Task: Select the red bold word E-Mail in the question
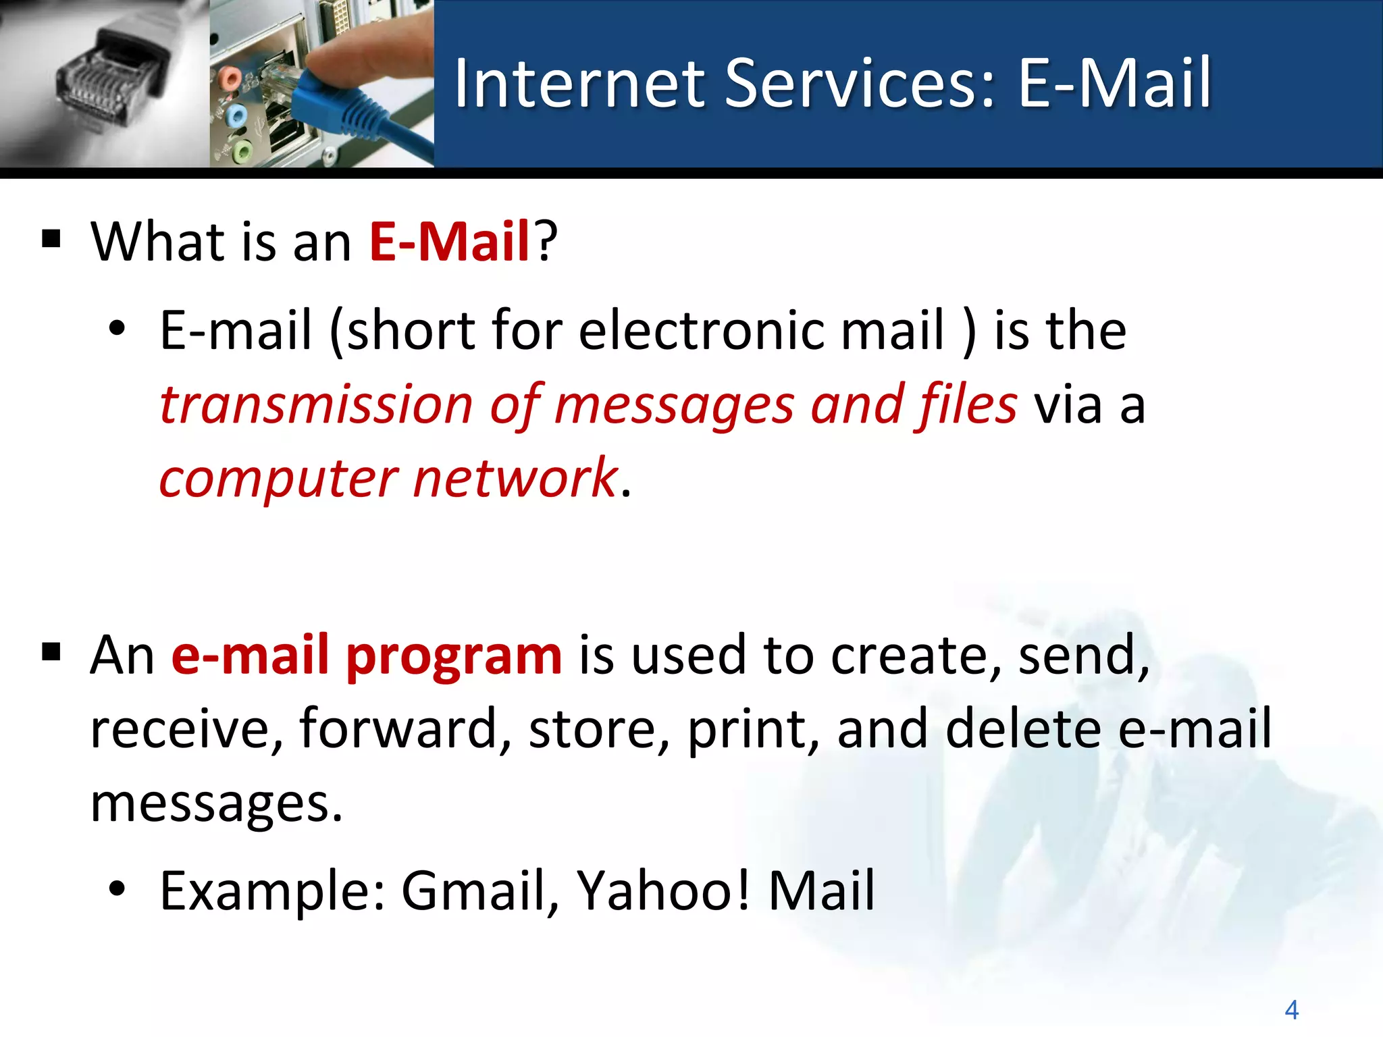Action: tap(449, 242)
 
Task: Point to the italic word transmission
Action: tap(316, 405)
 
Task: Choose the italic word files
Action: tap(966, 405)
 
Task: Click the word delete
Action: tap(1024, 729)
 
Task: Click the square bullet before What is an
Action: tap(51, 239)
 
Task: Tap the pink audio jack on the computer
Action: tap(230, 78)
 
